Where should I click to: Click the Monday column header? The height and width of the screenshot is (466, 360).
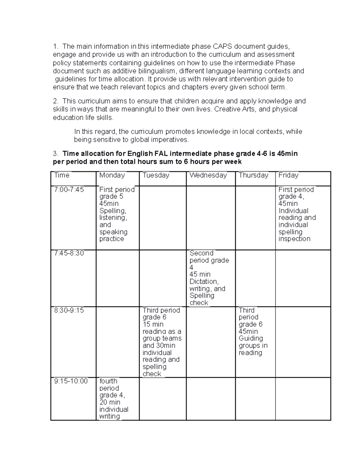112,175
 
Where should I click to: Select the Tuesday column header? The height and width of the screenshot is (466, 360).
156,175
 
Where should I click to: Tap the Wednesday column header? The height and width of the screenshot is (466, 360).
208,175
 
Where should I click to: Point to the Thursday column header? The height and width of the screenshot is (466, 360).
253,175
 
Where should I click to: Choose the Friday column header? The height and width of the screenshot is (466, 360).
288,175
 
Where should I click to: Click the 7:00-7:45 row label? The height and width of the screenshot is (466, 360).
69,190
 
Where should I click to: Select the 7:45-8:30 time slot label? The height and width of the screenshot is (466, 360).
69,253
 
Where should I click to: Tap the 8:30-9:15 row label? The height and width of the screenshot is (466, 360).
69,310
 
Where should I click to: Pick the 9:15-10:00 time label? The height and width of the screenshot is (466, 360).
71,381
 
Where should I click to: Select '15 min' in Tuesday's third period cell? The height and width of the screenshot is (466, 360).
153,324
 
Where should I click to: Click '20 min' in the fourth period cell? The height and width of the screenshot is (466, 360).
110,402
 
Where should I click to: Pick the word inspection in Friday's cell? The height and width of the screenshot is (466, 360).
294,239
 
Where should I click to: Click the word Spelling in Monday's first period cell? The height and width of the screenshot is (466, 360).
112,211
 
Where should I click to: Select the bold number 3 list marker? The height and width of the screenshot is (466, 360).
55,154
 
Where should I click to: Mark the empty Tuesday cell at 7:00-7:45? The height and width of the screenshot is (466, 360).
163,218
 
